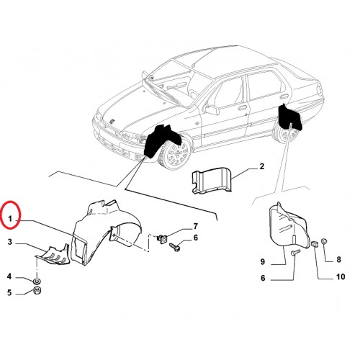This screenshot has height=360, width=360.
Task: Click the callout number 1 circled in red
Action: coord(10,219)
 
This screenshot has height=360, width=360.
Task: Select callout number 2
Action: coord(261,166)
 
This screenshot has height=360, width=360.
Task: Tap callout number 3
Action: coord(9,242)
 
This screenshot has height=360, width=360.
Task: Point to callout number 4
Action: coord(9,276)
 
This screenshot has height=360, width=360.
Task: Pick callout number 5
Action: coord(9,292)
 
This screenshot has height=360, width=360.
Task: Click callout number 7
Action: coord(196,226)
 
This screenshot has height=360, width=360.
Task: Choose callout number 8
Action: coord(338,259)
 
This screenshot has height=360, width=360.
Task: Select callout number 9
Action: coord(263,261)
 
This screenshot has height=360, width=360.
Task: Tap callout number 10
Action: coord(341,276)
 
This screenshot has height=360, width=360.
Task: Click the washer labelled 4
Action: coord(37,281)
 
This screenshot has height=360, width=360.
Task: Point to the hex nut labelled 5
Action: coord(37,291)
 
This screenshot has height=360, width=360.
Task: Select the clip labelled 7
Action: coord(162,238)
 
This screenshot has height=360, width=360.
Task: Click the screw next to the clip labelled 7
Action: coord(175,247)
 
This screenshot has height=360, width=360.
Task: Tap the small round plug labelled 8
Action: coord(324,241)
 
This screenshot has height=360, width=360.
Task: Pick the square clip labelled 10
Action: coord(315,245)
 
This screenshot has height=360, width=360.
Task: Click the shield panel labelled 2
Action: coord(211,180)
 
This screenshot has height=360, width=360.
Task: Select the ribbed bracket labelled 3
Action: coord(53,255)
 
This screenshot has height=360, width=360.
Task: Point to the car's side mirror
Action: coord(212,109)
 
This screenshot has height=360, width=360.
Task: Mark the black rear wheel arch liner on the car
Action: coord(289,117)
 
